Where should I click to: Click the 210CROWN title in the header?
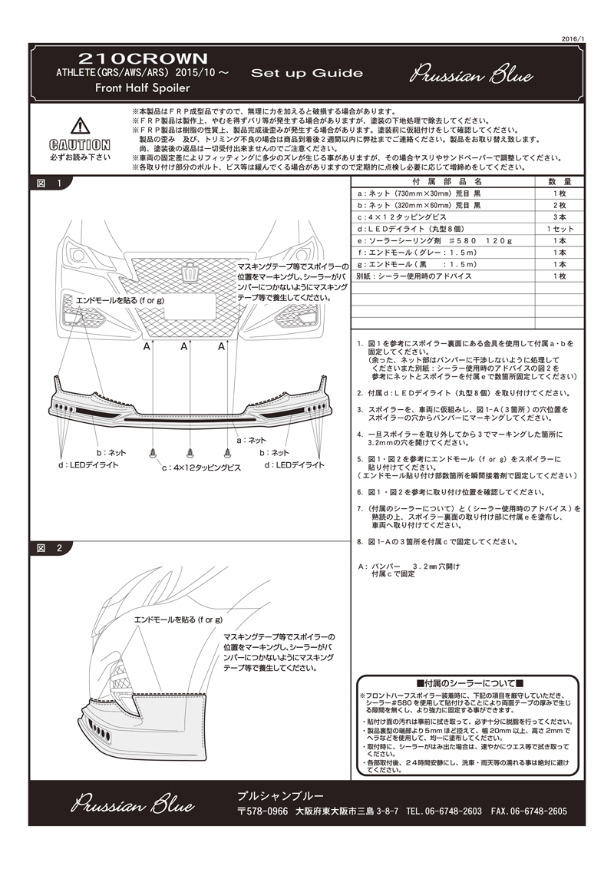pyautogui.click(x=144, y=58)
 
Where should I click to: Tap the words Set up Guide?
pyautogui.click(x=306, y=74)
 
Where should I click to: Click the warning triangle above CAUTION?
pyautogui.click(x=79, y=127)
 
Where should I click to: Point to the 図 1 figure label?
pyautogui.click(x=50, y=183)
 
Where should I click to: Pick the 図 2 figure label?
pyautogui.click(x=50, y=548)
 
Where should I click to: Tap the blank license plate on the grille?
pyautogui.click(x=188, y=308)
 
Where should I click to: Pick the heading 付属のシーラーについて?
pyautogui.click(x=468, y=683)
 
